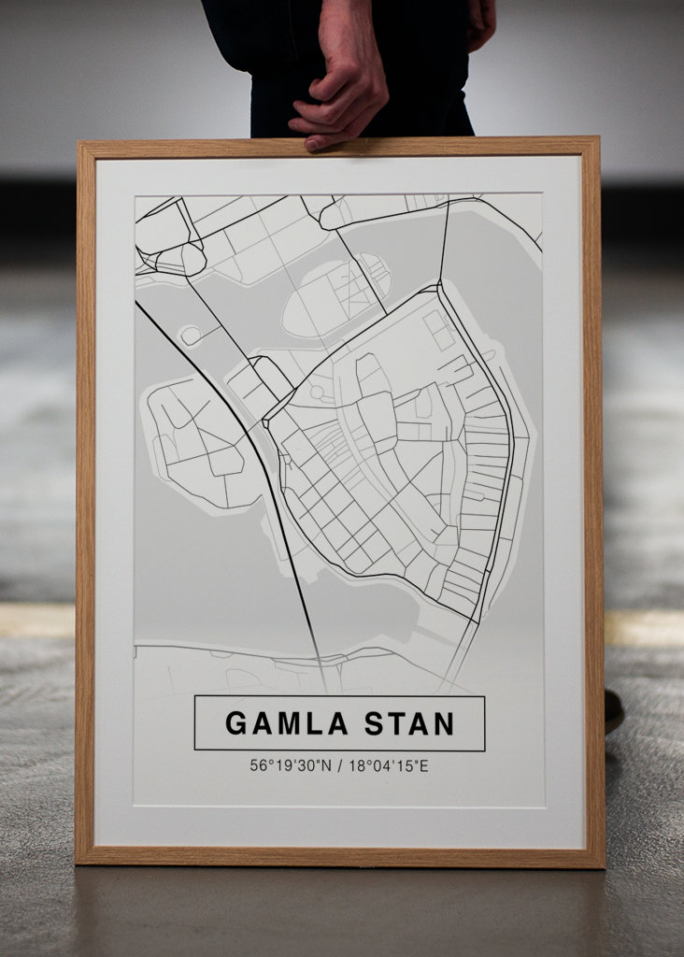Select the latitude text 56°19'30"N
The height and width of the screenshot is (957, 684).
(291, 766)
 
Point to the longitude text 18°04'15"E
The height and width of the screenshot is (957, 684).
(389, 766)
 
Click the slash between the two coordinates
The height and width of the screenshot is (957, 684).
(340, 766)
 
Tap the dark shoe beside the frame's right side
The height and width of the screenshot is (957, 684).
(613, 711)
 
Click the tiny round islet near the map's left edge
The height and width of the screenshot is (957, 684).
(191, 335)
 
